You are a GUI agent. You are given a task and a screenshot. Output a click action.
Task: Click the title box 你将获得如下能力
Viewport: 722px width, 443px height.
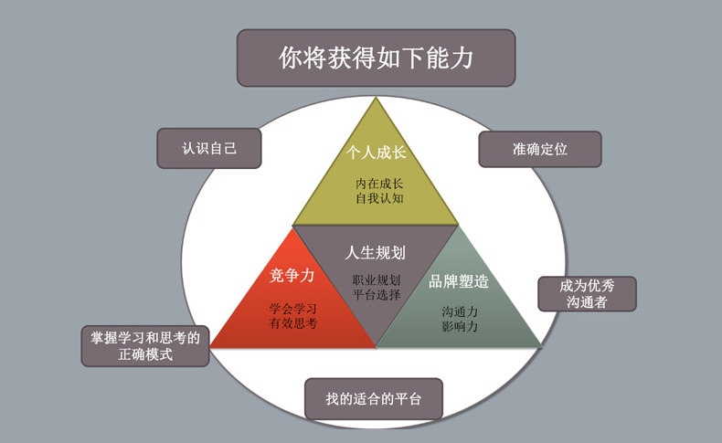[x=376, y=58]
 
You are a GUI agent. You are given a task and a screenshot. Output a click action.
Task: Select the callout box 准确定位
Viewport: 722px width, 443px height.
[x=539, y=149]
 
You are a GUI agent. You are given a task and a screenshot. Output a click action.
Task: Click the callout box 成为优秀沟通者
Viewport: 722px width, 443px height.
[x=586, y=293]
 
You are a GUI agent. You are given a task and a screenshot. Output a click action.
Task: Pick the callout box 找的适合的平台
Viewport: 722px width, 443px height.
[x=373, y=399]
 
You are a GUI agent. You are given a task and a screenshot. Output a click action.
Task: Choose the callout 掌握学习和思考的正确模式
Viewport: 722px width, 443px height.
[x=145, y=345]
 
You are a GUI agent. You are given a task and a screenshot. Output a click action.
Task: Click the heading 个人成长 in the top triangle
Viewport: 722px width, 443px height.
[x=375, y=153]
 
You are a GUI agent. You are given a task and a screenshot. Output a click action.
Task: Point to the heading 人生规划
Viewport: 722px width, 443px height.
[x=376, y=252]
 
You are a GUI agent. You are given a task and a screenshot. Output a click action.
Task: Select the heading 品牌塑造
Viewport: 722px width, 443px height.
[x=459, y=281]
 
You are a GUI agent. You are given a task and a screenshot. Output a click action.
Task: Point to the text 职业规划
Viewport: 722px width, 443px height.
[x=376, y=280]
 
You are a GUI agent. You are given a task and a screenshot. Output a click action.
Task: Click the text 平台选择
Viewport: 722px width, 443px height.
[x=376, y=294]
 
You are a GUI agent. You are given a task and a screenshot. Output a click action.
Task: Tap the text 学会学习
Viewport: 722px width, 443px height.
[x=293, y=307]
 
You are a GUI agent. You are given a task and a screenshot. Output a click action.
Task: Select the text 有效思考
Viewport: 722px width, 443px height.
[x=293, y=322]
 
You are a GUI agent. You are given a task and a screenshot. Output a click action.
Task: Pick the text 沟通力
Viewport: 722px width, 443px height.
[x=460, y=311]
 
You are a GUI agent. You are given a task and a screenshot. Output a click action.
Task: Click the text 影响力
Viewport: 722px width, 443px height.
[x=460, y=326]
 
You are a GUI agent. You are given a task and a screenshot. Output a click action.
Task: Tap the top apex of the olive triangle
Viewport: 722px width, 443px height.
[x=375, y=99]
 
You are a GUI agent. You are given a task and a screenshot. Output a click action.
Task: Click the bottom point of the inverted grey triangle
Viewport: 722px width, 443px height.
[x=376, y=346]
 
